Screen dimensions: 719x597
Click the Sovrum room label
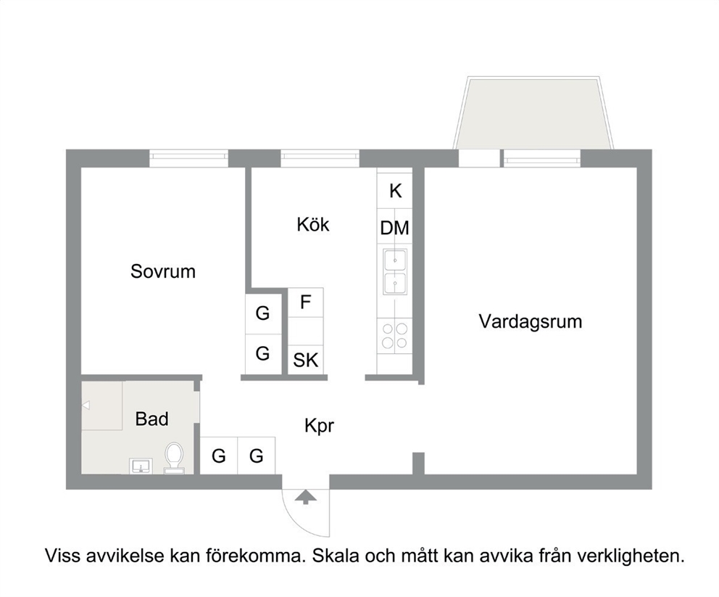(163, 271)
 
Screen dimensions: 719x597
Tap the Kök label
(313, 224)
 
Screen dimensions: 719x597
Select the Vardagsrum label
(531, 321)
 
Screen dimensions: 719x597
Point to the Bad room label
(151, 419)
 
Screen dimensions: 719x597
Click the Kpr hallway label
(319, 426)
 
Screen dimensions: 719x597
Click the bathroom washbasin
(141, 466)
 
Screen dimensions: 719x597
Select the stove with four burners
(395, 336)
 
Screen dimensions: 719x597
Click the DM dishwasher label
(395, 228)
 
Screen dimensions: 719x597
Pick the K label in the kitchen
(395, 191)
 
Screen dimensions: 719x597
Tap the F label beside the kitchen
(305, 302)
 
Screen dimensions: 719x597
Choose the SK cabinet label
(305, 361)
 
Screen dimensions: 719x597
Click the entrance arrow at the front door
(305, 497)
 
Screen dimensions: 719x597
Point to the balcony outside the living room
(533, 113)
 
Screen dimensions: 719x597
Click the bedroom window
(189, 158)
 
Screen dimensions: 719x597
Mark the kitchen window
(320, 158)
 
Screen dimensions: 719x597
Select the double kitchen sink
(395, 271)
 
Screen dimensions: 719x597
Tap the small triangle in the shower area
(86, 405)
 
